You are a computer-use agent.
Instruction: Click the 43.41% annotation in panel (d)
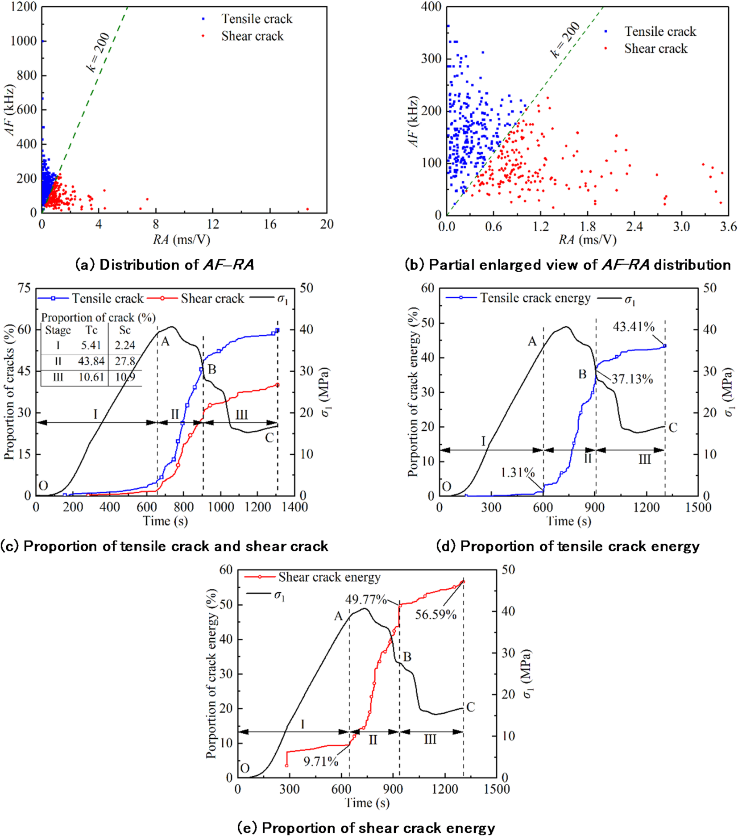633,327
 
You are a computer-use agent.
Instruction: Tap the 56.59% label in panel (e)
435,615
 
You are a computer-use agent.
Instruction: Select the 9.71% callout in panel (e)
321,762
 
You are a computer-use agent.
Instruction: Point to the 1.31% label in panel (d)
517,472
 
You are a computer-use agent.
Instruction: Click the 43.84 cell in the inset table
91,361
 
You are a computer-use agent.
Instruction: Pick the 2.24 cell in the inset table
124,345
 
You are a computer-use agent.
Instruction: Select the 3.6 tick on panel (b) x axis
728,227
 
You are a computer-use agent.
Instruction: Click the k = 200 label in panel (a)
98,52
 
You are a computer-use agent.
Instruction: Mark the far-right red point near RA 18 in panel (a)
307,209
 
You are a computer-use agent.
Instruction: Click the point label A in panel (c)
165,341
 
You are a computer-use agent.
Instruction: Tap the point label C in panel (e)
470,707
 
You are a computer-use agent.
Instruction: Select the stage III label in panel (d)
644,459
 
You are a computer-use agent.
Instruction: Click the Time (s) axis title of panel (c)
165,521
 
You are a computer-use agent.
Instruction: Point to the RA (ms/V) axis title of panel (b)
587,240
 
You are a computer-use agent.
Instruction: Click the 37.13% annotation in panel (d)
632,379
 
